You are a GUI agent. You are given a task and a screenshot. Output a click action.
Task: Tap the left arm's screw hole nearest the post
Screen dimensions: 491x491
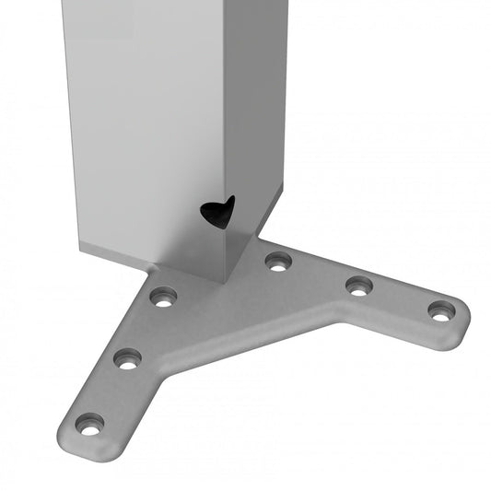tap(163, 297)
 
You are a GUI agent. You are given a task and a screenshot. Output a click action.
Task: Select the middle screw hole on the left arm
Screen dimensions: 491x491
tap(127, 358)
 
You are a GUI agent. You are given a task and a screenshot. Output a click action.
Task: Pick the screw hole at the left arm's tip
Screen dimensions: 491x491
tap(89, 425)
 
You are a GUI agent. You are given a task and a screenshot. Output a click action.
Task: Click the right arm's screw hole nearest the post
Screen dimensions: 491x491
tap(276, 262)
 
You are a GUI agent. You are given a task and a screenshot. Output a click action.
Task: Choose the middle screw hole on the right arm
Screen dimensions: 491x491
tap(358, 286)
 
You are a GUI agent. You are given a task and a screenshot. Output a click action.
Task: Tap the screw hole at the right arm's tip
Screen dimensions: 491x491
tap(441, 310)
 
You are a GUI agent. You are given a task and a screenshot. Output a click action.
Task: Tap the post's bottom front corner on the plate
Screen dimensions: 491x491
tap(224, 281)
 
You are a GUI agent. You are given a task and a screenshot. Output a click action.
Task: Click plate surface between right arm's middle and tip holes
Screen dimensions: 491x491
tap(399, 299)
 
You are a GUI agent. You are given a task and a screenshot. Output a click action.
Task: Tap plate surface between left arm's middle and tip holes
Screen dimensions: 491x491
tap(109, 392)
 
